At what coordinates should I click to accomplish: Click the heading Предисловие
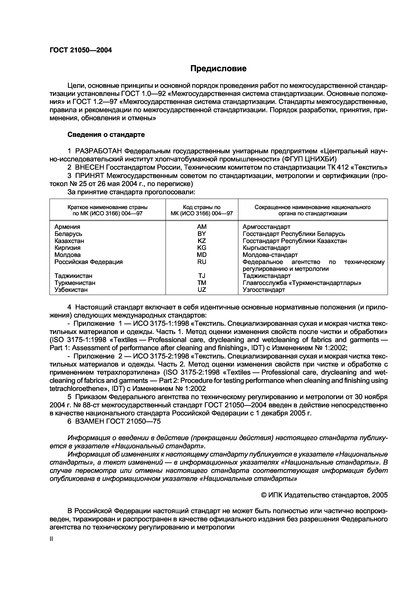[218, 69]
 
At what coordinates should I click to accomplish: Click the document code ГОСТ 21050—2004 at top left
[81, 50]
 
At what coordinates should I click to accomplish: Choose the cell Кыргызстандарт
[266, 248]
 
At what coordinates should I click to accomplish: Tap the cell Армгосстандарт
[266, 227]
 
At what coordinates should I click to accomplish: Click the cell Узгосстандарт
[264, 290]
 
